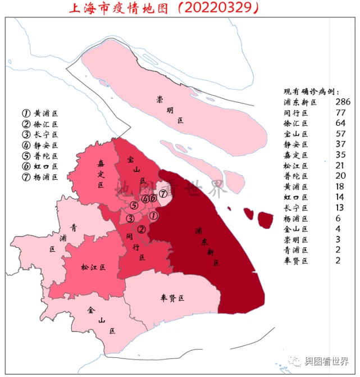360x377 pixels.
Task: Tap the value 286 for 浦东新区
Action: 342,102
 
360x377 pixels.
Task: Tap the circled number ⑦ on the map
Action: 162,194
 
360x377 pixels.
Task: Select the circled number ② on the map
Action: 142,229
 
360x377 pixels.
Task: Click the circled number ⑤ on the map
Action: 134,206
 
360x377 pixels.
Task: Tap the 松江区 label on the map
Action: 93,267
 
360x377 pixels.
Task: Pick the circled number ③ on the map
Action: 130,219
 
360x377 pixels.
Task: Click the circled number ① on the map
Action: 153,215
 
